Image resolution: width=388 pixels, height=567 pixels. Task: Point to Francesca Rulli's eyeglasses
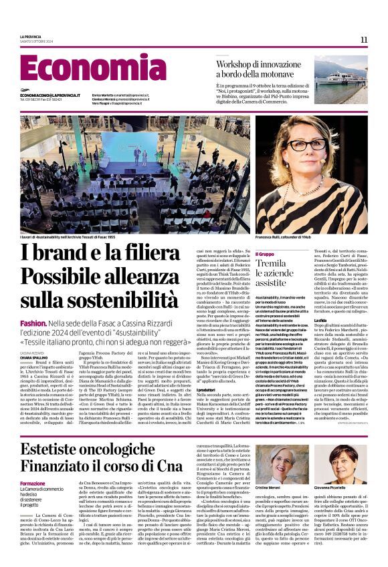point(306,145)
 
